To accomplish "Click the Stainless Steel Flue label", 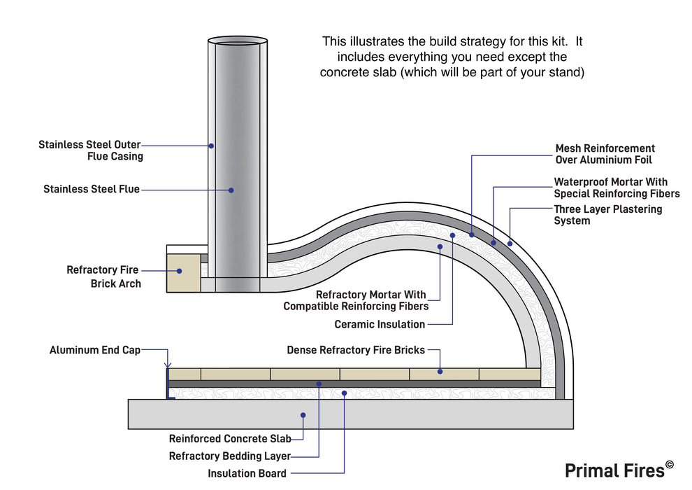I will (92, 189).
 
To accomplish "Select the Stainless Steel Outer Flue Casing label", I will (91, 150).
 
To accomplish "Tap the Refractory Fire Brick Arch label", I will (103, 276).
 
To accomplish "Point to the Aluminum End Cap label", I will (95, 350).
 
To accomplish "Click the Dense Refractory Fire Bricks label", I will (356, 350).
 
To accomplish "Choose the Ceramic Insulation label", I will (380, 324).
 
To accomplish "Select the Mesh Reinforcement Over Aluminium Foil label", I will (605, 154).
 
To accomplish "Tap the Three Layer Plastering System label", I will (607, 215).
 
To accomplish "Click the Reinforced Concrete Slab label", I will (229, 439).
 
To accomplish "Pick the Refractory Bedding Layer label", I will (229, 456).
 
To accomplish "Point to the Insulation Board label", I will (247, 473).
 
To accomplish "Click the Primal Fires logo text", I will (614, 470).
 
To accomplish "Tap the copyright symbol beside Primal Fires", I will (670, 464).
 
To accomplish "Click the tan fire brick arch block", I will (183, 272).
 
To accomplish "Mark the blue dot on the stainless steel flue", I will (231, 189).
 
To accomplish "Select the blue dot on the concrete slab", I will (303, 415).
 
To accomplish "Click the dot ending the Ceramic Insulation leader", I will (452, 235).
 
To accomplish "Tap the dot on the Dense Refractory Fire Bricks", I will (440, 372).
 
